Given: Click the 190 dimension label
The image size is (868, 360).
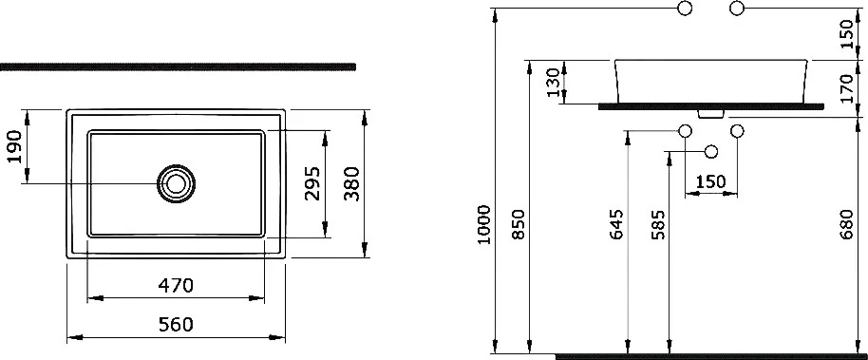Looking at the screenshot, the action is click(15, 147).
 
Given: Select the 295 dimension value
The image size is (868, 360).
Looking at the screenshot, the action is click(311, 183).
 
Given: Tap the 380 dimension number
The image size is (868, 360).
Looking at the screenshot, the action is click(351, 184).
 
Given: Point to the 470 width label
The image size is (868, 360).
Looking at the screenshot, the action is click(176, 286).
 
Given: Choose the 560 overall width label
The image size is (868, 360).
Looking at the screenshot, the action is click(176, 324).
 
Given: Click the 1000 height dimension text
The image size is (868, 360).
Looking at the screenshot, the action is click(483, 225).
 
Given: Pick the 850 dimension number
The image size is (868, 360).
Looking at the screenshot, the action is click(518, 225).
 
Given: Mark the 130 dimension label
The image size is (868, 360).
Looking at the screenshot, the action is click(553, 83).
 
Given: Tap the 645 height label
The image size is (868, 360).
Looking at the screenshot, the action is click(616, 224).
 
